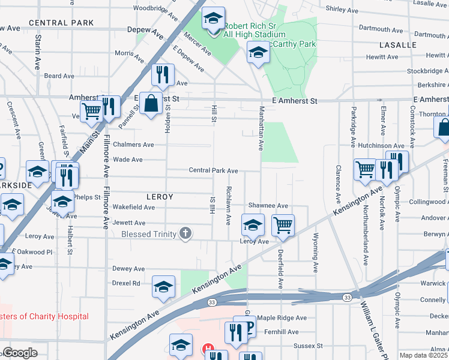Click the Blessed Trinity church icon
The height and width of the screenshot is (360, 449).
coord(186,234)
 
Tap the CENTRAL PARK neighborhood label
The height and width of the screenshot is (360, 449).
coord(61,23)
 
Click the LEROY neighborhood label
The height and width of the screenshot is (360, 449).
coord(159,197)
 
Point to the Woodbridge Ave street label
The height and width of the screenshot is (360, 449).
coord(155,8)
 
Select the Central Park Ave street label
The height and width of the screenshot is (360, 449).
coord(213,171)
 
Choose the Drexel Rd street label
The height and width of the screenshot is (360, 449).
coord(126,283)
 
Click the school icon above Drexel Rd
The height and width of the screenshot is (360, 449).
coord(163,287)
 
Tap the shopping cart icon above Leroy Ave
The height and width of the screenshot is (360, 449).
coord(283,226)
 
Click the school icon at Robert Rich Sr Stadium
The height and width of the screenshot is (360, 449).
coord(212,19)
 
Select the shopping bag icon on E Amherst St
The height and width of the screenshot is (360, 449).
coord(153,103)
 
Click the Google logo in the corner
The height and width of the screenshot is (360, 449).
coord(20,353)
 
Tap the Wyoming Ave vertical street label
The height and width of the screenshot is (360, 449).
coord(316,251)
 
